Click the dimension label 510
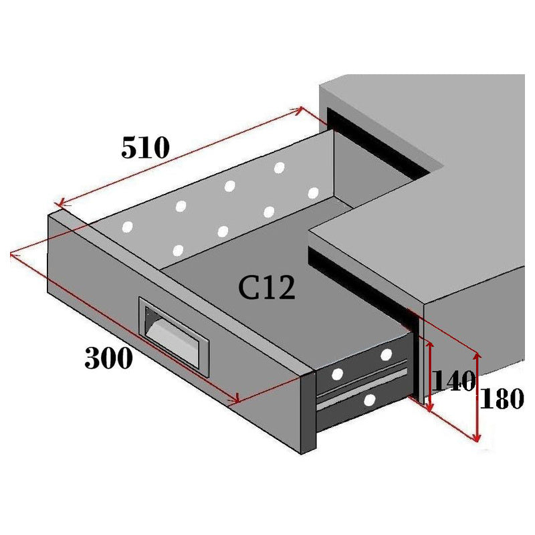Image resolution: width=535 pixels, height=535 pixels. click(146, 147)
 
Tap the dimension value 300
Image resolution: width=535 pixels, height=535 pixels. click(108, 359)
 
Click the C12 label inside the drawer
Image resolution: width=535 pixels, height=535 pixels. click(267, 288)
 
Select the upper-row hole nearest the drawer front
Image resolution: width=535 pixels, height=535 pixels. click(126, 227)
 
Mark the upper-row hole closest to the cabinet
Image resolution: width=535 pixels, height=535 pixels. click(280, 167)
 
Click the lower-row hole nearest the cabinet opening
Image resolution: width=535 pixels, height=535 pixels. click(313, 193)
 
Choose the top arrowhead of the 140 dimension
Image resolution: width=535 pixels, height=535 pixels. click(429, 342)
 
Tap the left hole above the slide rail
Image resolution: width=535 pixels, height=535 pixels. click(338, 373)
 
